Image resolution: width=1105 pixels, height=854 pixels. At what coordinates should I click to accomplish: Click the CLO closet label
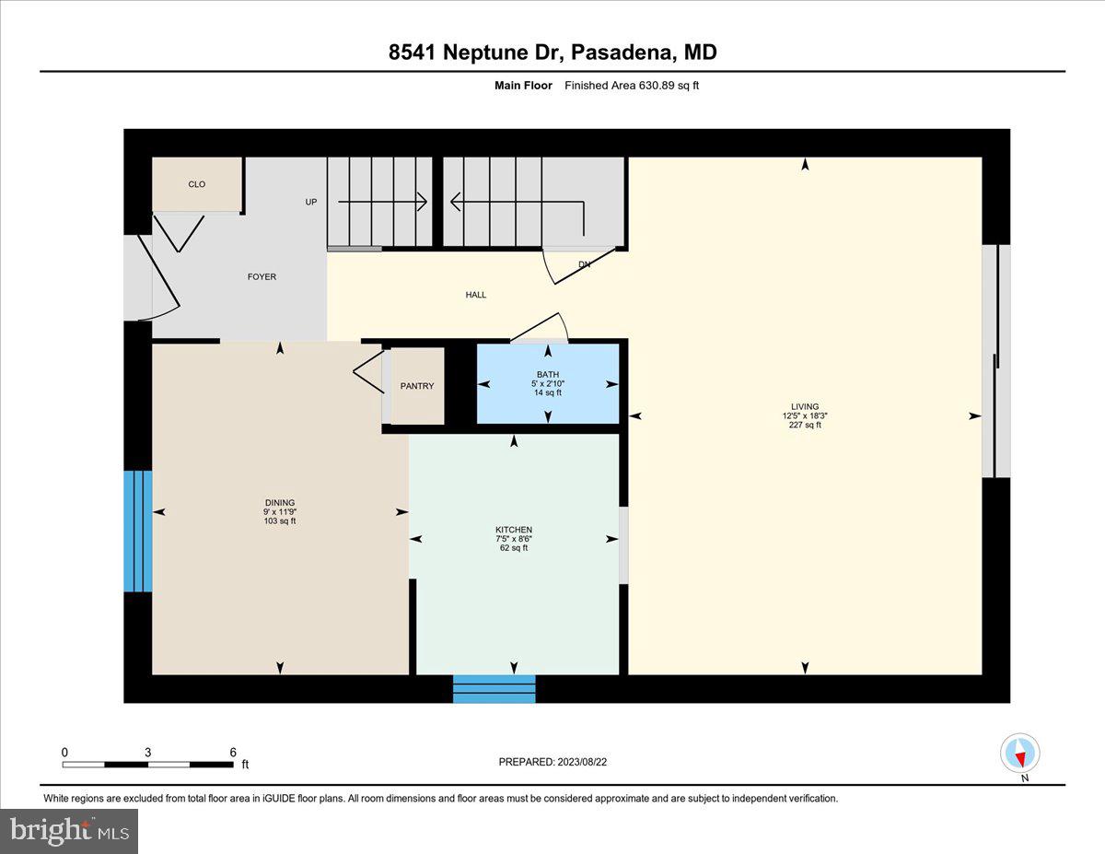tap(197, 184)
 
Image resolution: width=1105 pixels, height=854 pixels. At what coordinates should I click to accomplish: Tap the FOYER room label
tap(261, 276)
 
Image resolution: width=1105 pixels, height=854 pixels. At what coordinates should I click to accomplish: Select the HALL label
tap(475, 295)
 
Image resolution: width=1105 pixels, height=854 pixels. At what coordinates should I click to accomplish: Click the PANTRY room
tap(417, 386)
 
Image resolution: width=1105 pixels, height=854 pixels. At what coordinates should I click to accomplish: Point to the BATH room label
tap(548, 374)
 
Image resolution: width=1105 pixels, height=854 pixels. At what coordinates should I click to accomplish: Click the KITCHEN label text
tap(513, 530)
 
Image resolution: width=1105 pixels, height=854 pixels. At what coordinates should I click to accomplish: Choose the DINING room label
tap(279, 503)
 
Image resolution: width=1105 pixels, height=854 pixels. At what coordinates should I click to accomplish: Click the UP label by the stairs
tap(311, 202)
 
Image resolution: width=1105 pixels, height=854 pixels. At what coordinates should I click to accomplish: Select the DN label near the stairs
tap(584, 264)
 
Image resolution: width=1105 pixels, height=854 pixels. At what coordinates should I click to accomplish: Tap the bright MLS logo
tap(69, 831)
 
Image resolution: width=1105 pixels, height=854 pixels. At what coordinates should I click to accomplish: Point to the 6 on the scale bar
tap(233, 752)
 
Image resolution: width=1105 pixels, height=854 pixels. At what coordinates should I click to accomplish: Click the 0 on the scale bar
tap(64, 752)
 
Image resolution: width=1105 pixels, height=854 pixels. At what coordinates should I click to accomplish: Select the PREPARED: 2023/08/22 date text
tap(552, 762)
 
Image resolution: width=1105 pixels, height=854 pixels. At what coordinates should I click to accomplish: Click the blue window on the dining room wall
tap(137, 531)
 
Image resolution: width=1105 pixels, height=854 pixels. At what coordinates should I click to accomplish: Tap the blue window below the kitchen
tap(494, 689)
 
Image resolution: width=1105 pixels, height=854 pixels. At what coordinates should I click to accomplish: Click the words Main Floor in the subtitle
tap(523, 86)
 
